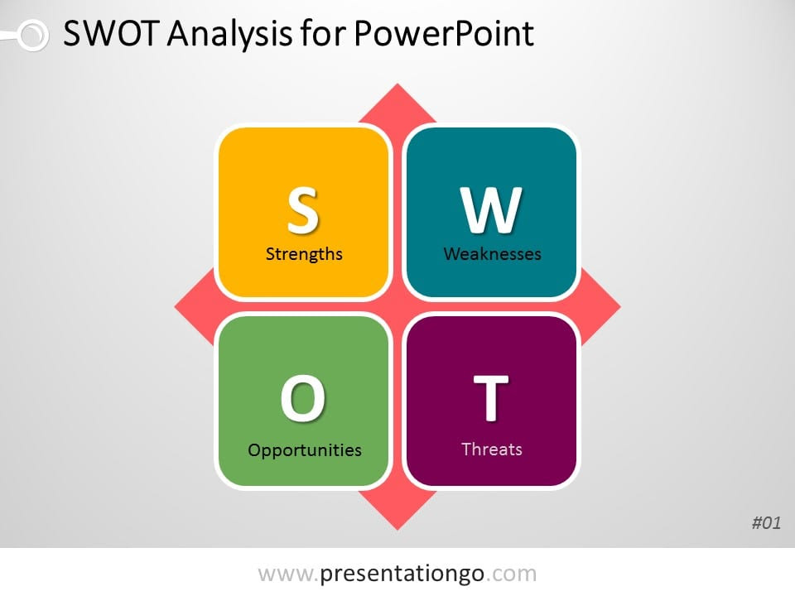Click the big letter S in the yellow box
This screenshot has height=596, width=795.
pos(303,209)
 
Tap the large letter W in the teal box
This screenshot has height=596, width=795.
pos(491,209)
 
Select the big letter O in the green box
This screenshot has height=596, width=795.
pos(303,398)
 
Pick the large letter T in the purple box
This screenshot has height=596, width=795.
pos(491,398)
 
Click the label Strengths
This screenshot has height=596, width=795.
pos(304,253)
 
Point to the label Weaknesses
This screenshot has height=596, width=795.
pos(492,253)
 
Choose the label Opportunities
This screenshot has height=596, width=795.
pos(305,450)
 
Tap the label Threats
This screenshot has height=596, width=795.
pos(492,449)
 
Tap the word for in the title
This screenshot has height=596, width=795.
pos(323,33)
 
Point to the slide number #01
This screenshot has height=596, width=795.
pos(766,522)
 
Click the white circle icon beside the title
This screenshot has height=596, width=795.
pos(33,36)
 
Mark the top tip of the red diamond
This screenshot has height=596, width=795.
pos(397,84)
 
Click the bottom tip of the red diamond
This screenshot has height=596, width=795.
pos(397,530)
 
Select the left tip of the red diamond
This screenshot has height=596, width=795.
pos(175,306)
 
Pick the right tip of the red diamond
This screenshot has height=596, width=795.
pos(621,306)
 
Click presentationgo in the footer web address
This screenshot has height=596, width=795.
pos(402,574)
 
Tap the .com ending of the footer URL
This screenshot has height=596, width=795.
pos(511,574)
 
